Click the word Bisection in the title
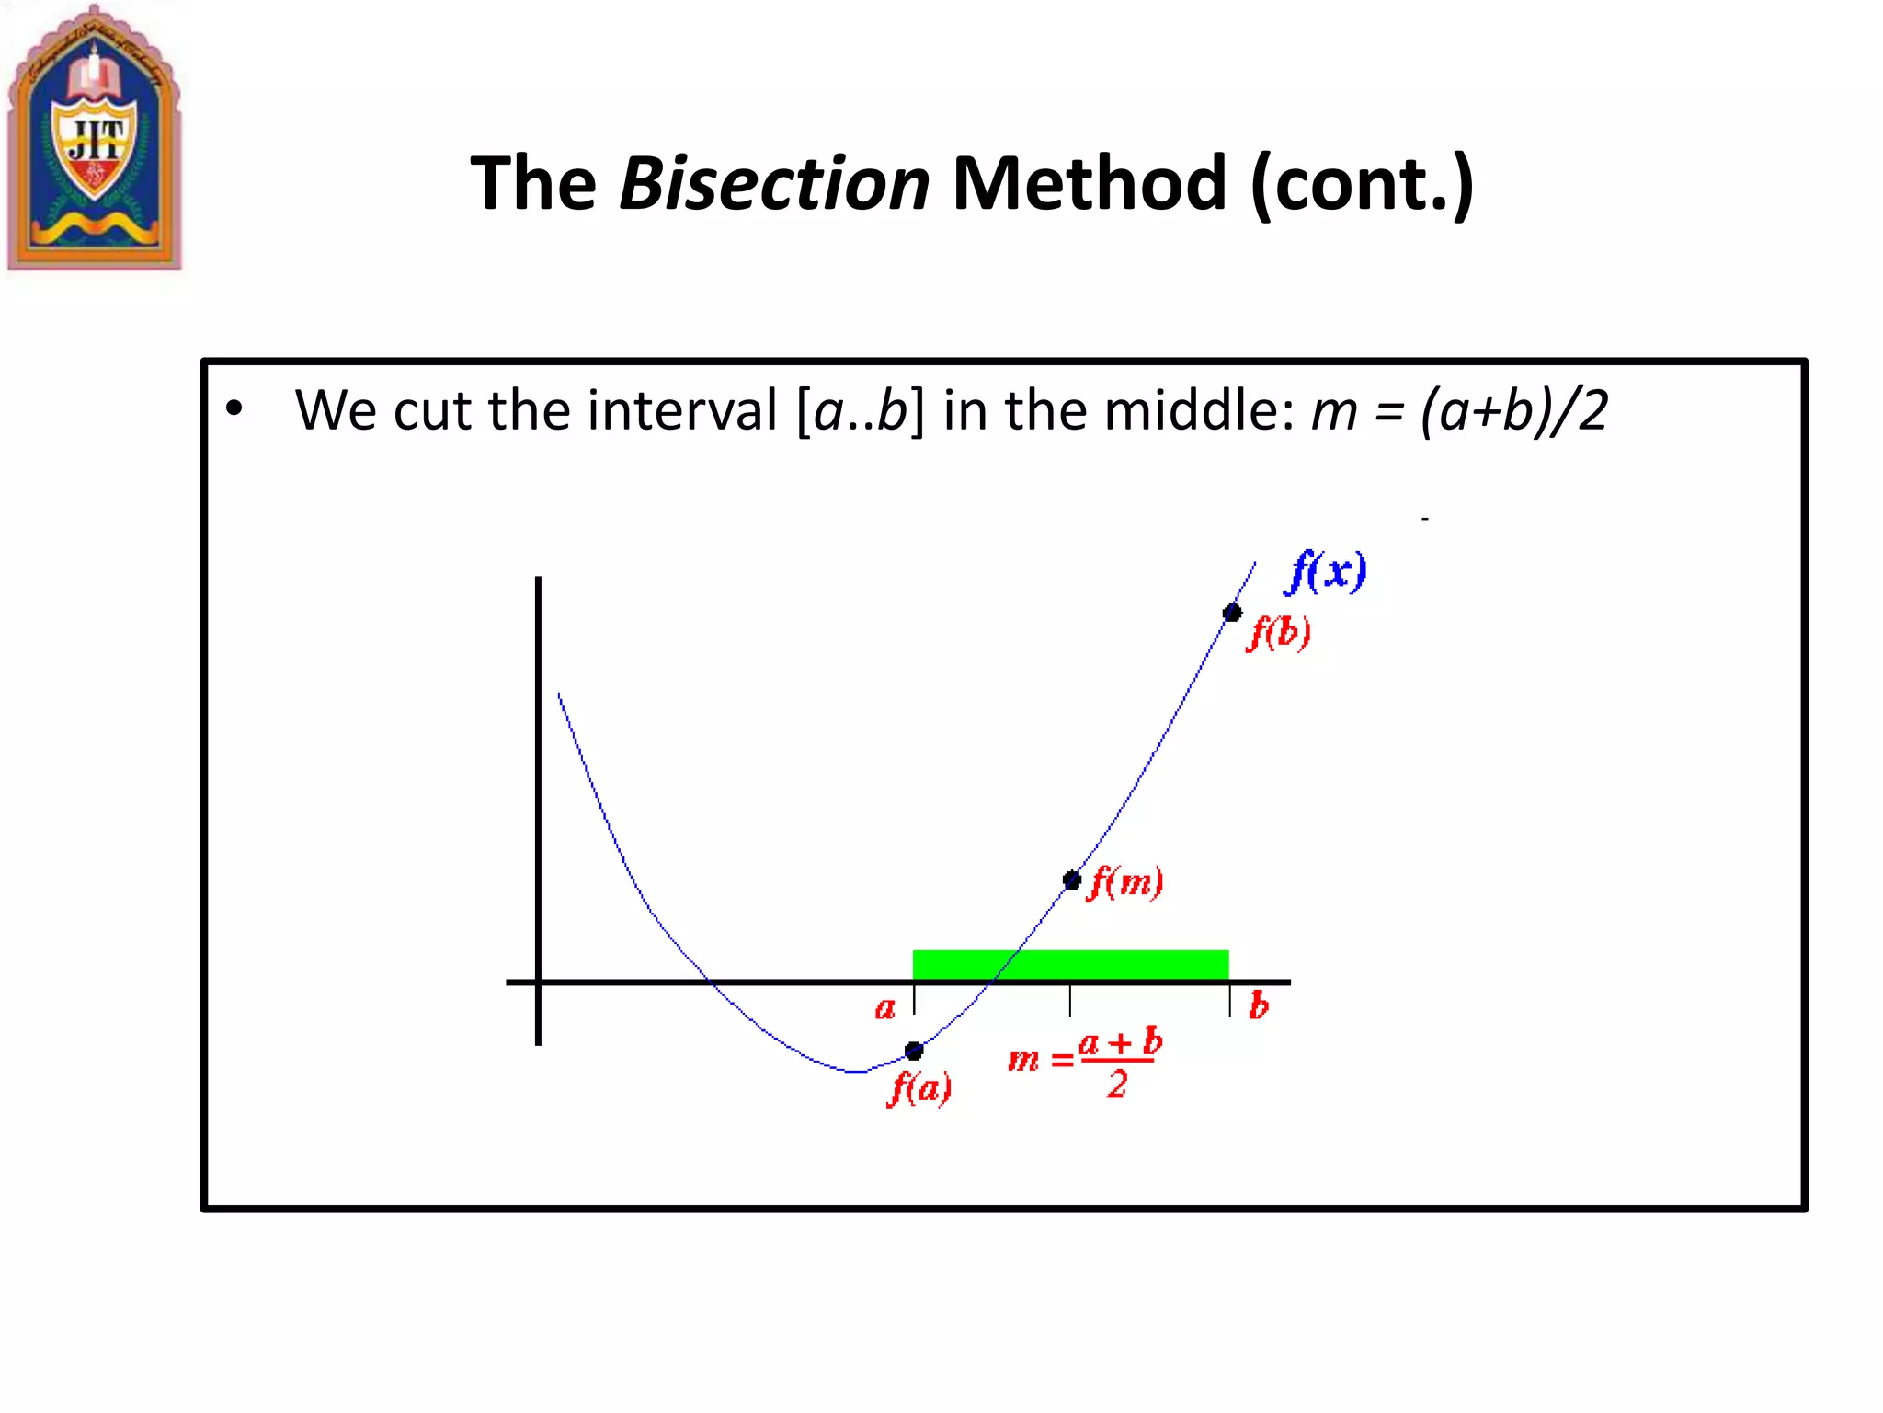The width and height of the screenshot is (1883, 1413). click(774, 184)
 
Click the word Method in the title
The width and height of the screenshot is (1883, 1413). click(1089, 184)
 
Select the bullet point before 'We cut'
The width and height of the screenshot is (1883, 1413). click(234, 409)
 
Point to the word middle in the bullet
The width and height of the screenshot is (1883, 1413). click(1198, 410)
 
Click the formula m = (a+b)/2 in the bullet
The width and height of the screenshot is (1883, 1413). click(1459, 410)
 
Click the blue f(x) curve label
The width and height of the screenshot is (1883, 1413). click(1326, 572)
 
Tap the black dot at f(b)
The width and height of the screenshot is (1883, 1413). click(1232, 613)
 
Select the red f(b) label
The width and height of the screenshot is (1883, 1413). click(1279, 633)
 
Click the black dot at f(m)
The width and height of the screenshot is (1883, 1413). click(1071, 880)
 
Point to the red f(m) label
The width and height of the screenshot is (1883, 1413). click(1125, 883)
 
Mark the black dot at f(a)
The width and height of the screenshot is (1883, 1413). click(914, 1051)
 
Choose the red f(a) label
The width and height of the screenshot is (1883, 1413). click(919, 1089)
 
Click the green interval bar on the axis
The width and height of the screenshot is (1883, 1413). click(1070, 965)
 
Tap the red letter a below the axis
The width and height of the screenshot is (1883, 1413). click(884, 1009)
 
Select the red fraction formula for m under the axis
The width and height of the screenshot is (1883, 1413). click(1086, 1063)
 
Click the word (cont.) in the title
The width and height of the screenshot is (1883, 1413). click(1363, 184)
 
